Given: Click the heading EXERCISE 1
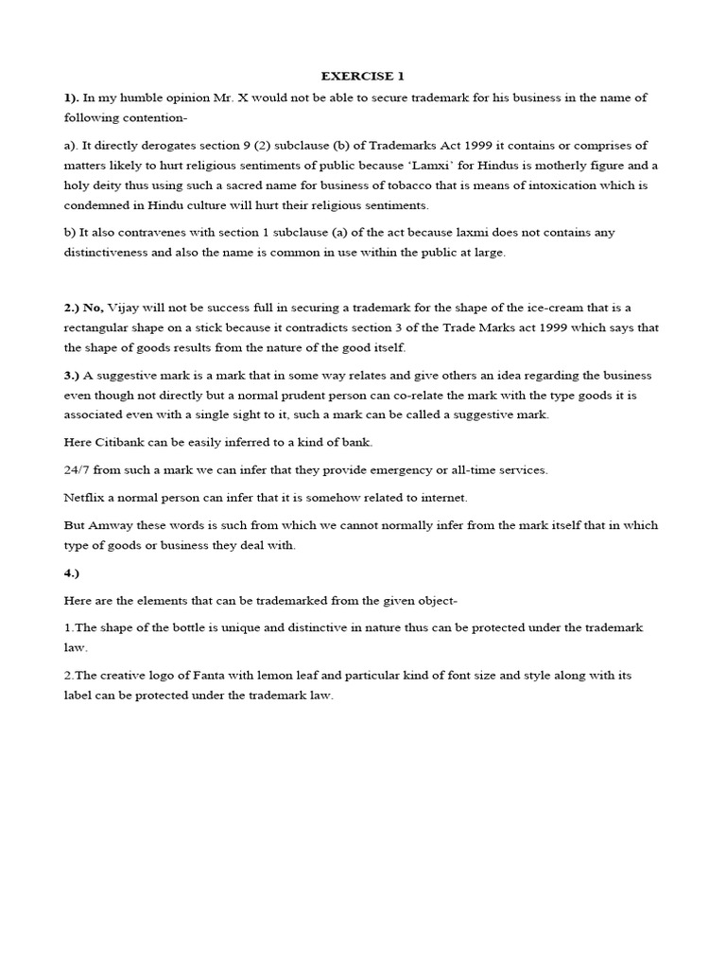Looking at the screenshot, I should point(363,76).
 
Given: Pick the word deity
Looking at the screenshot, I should point(105,185).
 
